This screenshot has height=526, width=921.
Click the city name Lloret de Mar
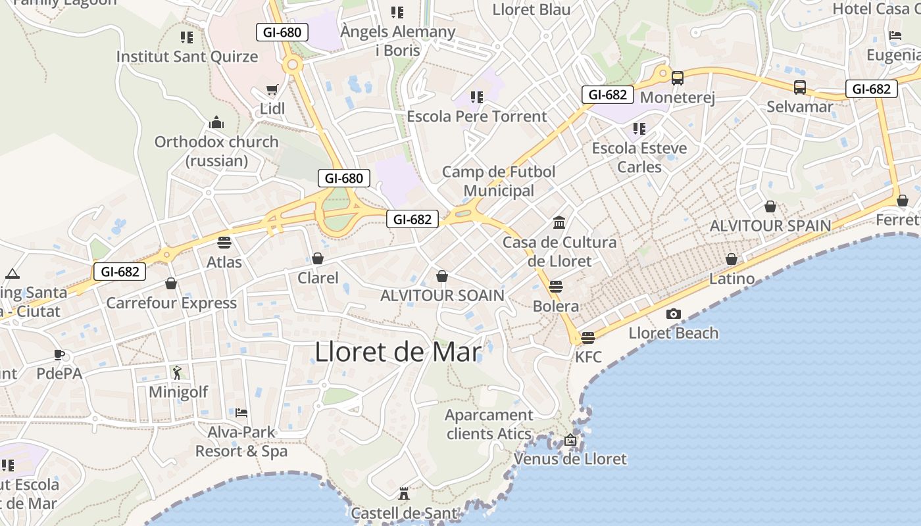398,352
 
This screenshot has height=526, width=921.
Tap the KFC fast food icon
588,337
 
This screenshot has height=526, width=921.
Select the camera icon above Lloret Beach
673,314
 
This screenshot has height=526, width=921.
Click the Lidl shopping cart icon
272,89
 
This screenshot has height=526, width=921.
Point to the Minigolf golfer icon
177,373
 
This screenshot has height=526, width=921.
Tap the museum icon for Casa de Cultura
559,223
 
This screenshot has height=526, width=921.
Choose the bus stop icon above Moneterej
677,78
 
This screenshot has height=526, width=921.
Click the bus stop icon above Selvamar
799,87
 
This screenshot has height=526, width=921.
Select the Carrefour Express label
171,303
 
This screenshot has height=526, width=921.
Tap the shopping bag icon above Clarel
318,258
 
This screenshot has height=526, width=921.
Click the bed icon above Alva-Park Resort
241,413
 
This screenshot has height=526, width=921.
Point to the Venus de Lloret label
570,459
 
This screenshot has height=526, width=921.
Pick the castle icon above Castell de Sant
404,494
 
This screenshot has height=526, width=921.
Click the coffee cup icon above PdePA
59,355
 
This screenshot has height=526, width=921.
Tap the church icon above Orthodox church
216,122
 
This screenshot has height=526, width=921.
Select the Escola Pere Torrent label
477,116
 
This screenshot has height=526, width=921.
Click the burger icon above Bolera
556,287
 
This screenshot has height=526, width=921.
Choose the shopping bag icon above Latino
732,259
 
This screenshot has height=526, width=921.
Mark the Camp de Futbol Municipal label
499,181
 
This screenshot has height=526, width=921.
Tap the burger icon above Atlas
224,242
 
